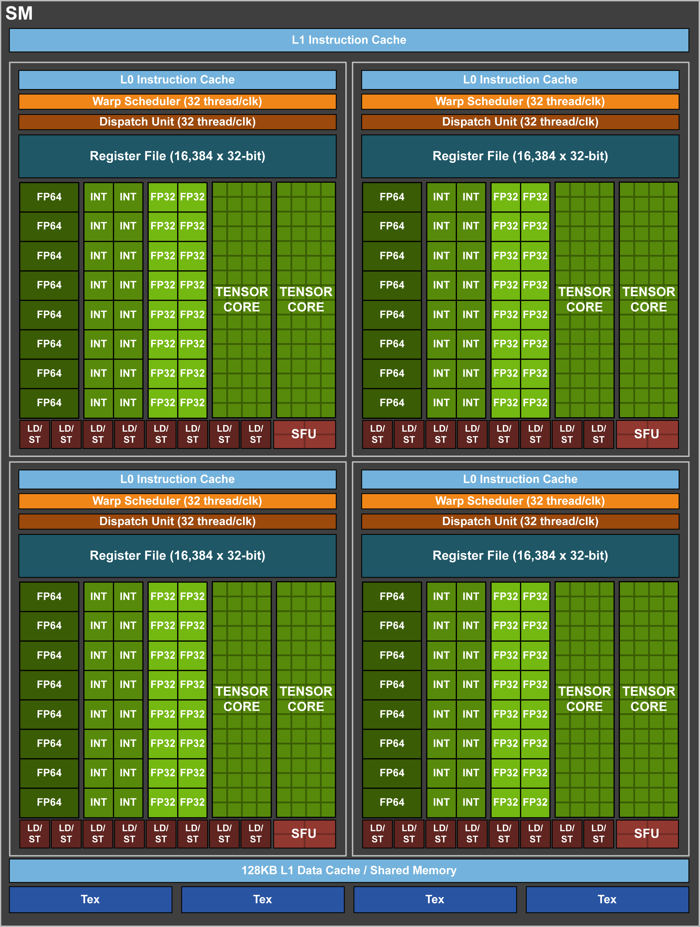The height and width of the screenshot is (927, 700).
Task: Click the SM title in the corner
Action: pos(19,13)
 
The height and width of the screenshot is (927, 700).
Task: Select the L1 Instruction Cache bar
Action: pos(349,40)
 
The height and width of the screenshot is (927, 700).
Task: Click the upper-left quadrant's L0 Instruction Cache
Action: pos(177,80)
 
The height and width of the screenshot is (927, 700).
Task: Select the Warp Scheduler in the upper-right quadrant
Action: pos(520,102)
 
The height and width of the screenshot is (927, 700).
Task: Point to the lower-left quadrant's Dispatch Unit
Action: pos(177,521)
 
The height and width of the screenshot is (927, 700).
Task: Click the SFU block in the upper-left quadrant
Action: pos(304,434)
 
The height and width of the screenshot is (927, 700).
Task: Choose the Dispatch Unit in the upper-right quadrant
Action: pos(520,122)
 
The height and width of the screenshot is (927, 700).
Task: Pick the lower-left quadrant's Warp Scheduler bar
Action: pos(177,501)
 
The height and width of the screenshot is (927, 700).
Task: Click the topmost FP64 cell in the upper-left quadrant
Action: pos(49,197)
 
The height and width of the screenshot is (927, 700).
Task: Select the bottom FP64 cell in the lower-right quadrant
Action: pos(392,802)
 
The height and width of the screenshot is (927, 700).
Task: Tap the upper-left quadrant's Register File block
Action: pos(177,156)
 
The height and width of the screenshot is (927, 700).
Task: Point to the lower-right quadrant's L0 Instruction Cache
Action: pos(520,479)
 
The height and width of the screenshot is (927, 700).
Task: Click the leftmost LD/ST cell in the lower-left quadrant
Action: pos(34,834)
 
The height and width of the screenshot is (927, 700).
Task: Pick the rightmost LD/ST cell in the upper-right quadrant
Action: pos(598,434)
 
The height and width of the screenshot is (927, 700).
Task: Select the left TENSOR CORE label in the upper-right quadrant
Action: pos(584,299)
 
